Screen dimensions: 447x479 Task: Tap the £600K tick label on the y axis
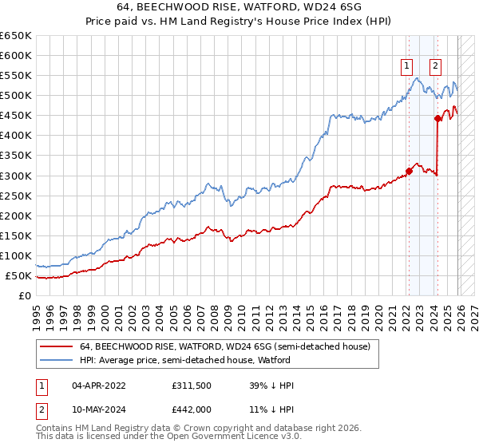16,55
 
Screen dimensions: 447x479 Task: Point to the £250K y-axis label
16,196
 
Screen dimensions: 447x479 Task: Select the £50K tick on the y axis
19,275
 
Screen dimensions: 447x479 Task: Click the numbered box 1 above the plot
407,66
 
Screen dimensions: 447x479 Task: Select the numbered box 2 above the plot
436,66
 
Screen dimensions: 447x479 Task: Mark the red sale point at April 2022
409,170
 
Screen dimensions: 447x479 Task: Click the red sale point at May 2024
437,118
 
